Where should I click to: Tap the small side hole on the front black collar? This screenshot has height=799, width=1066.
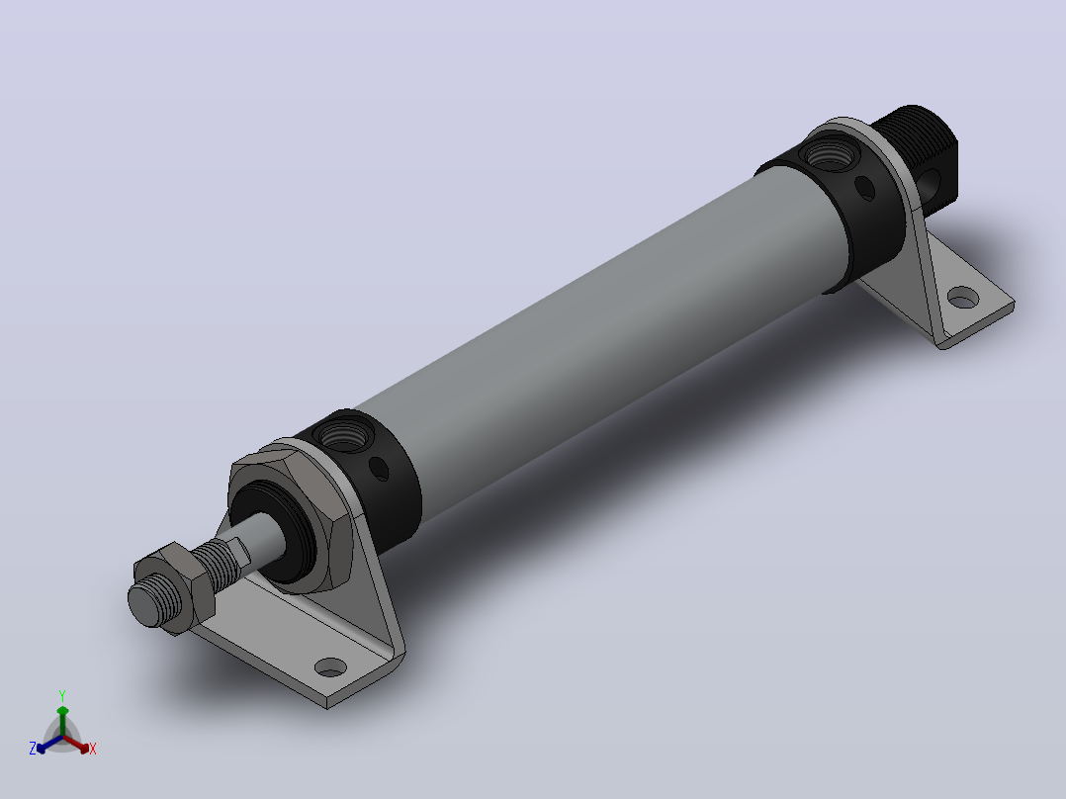pos(379,469)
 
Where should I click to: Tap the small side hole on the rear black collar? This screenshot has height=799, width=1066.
pos(864,188)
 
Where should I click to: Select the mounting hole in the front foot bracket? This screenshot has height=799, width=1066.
pos(331,667)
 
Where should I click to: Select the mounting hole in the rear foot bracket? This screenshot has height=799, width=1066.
pos(963,298)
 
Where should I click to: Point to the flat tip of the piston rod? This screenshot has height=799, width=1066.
pos(145,605)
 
